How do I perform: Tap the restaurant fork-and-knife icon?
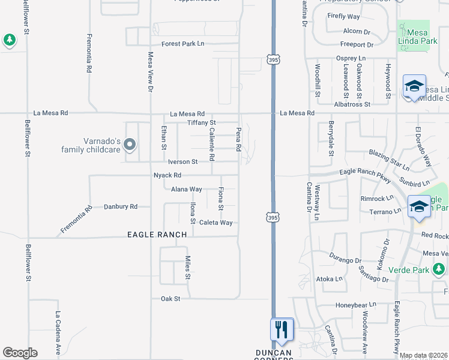[282, 329]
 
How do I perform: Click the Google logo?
[20, 353]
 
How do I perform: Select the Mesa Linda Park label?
[421, 41]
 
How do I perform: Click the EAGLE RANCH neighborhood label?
[157, 235]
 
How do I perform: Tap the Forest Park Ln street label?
[183, 44]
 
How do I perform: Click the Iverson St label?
[182, 162]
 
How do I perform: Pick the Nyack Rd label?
[167, 175]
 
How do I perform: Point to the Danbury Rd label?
[121, 206]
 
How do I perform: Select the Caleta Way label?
[215, 223]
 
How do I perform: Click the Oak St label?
[170, 298]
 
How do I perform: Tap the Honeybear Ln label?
[355, 304]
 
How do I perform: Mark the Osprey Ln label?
[350, 58]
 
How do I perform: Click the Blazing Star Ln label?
[389, 158]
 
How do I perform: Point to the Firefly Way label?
[343, 17]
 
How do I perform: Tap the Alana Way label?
[187, 189]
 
